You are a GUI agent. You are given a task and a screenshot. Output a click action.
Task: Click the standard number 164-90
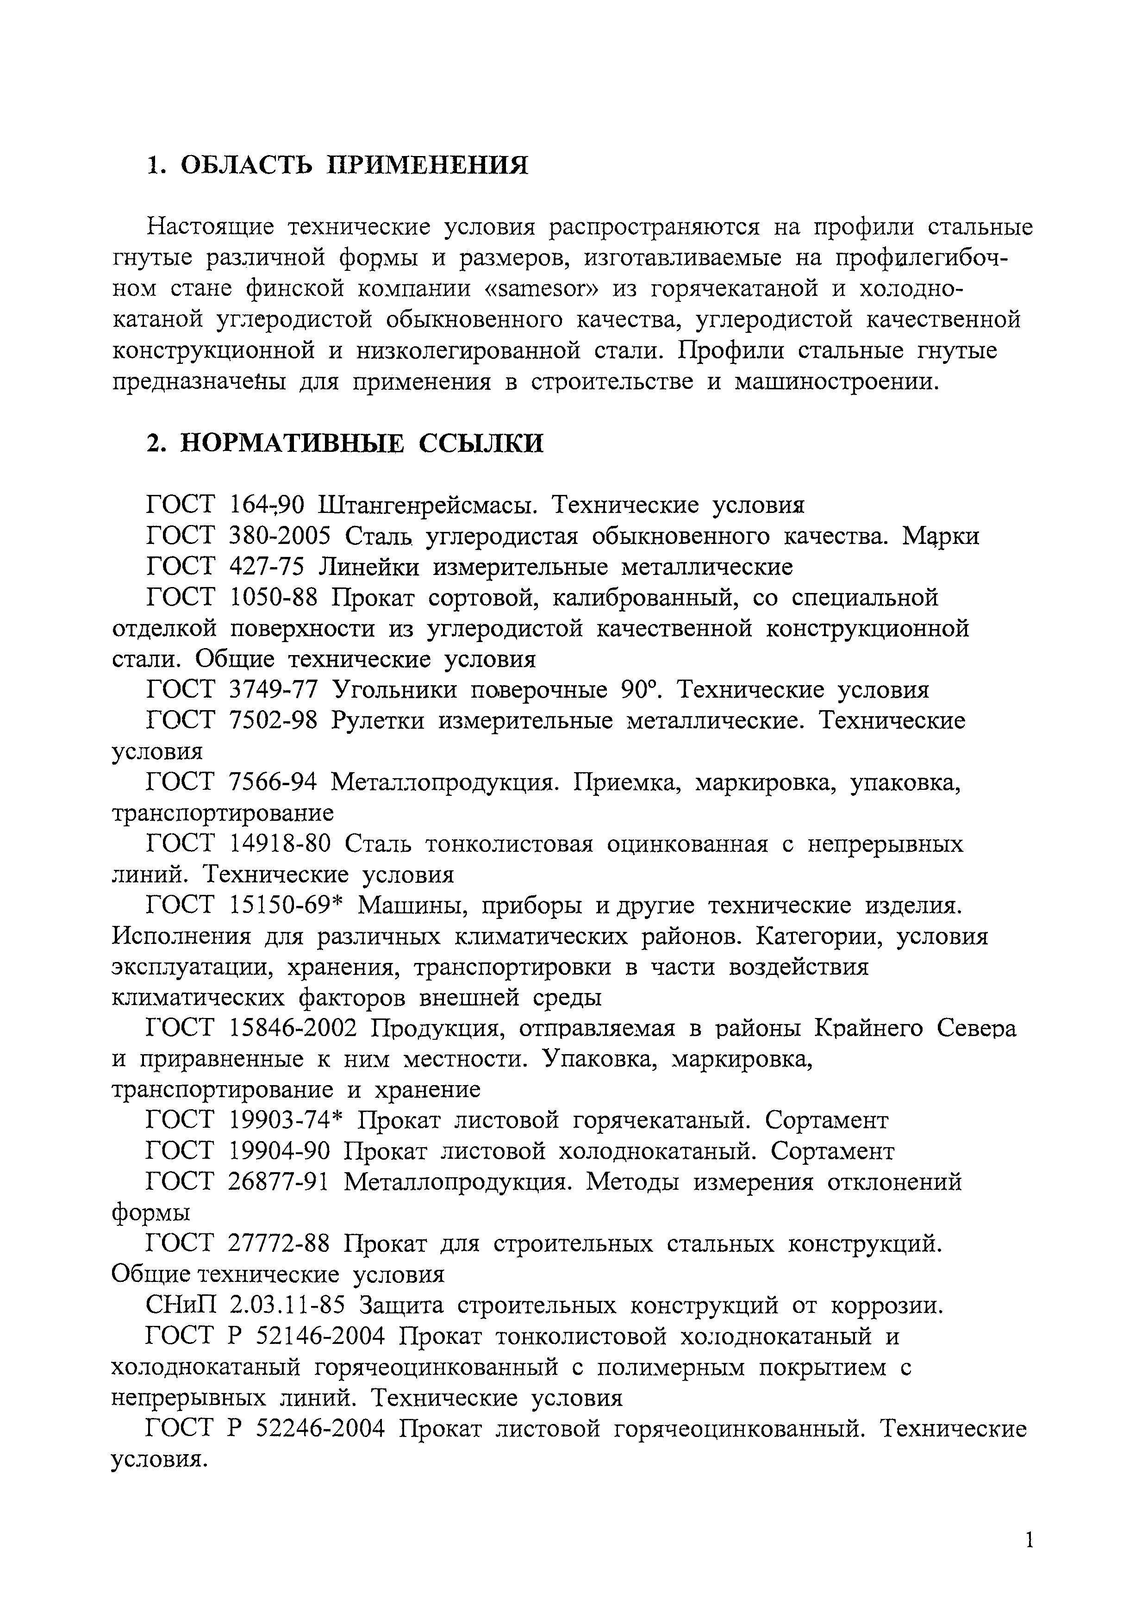[268, 505]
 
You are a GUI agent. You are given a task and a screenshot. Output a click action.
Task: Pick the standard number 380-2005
[281, 536]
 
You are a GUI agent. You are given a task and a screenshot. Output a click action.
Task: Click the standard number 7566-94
[274, 782]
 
